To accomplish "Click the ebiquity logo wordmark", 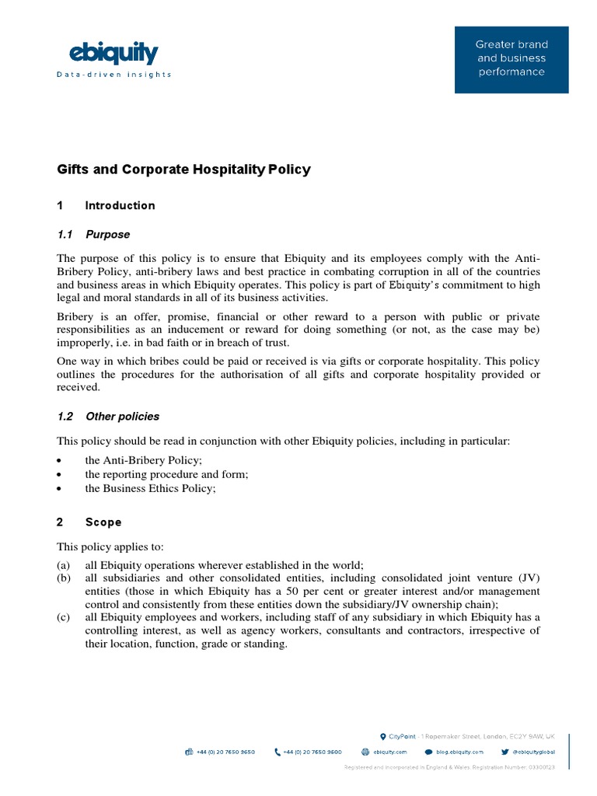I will (x=114, y=54).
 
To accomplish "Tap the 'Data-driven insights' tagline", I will (x=113, y=75).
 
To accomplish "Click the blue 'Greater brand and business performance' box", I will (x=511, y=59).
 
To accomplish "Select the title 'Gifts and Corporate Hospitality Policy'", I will (x=183, y=169).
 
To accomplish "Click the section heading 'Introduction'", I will (x=120, y=206).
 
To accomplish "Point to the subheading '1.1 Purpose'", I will (x=93, y=234).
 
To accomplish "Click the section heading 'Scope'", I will (x=103, y=522).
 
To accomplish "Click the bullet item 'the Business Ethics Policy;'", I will (x=150, y=488).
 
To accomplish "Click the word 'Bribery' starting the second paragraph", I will (x=76, y=317).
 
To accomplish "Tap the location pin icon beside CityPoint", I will (x=382, y=735).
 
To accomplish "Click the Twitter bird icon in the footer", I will (x=505, y=752).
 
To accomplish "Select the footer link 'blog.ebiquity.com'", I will (x=459, y=752).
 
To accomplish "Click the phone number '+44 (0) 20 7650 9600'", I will (x=312, y=752).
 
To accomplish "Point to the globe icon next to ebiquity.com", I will (x=365, y=752).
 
